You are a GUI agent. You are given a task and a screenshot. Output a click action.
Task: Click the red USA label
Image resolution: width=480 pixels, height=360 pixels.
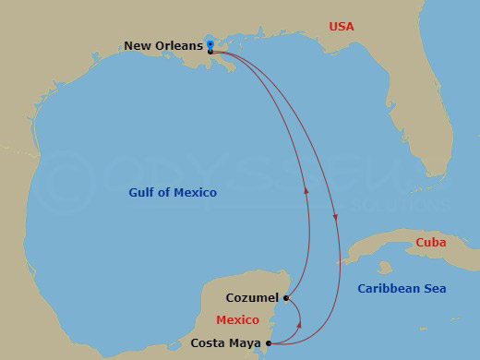[x=342, y=26]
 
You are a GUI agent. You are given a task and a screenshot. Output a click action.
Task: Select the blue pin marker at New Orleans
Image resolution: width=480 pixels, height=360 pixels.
[x=210, y=44]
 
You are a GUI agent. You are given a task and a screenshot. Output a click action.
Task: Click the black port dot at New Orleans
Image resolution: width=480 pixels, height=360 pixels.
[x=211, y=52]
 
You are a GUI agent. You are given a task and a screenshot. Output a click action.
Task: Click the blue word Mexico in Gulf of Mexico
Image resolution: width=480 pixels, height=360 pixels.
[x=196, y=193]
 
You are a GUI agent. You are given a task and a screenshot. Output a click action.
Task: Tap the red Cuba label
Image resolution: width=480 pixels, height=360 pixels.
[x=430, y=242]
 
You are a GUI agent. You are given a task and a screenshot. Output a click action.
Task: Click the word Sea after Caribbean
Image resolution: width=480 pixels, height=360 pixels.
[x=434, y=289]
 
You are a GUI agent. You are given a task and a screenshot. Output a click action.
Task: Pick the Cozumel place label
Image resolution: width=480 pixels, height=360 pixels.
[x=252, y=298]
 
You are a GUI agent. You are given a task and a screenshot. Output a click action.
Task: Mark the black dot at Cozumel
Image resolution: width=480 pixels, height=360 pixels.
[x=287, y=298]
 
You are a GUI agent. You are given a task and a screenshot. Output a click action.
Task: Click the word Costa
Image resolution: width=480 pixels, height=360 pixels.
[x=209, y=343]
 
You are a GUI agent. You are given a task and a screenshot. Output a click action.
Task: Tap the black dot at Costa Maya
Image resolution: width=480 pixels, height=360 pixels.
[x=269, y=343]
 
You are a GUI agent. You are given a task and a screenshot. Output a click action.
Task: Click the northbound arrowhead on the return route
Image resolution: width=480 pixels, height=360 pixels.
[x=305, y=190]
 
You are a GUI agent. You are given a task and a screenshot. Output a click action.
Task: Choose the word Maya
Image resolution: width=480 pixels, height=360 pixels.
[x=244, y=343]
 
